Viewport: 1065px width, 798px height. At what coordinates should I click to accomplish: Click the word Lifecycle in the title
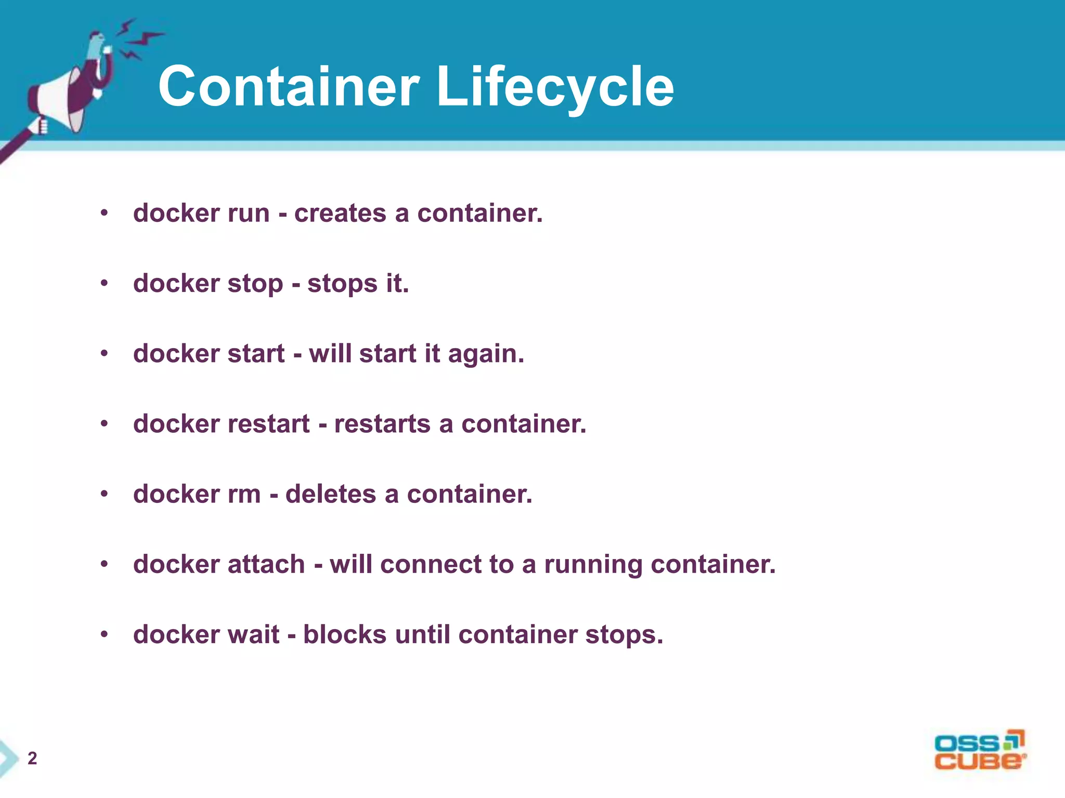pos(555,87)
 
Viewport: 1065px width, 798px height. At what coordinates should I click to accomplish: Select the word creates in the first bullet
pos(340,214)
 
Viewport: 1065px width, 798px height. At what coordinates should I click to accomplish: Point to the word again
pos(486,355)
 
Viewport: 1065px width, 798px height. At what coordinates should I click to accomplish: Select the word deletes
pos(330,494)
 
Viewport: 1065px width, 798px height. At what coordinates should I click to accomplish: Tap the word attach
pos(266,565)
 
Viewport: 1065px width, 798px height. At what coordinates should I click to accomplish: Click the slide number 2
pos(32,759)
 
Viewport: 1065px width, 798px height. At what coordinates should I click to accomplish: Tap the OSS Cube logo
pos(980,751)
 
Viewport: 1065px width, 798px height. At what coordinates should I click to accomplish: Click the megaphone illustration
pos(68,88)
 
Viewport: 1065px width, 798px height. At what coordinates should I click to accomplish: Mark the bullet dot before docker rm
pos(105,494)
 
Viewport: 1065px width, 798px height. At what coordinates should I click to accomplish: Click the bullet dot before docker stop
pos(105,284)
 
